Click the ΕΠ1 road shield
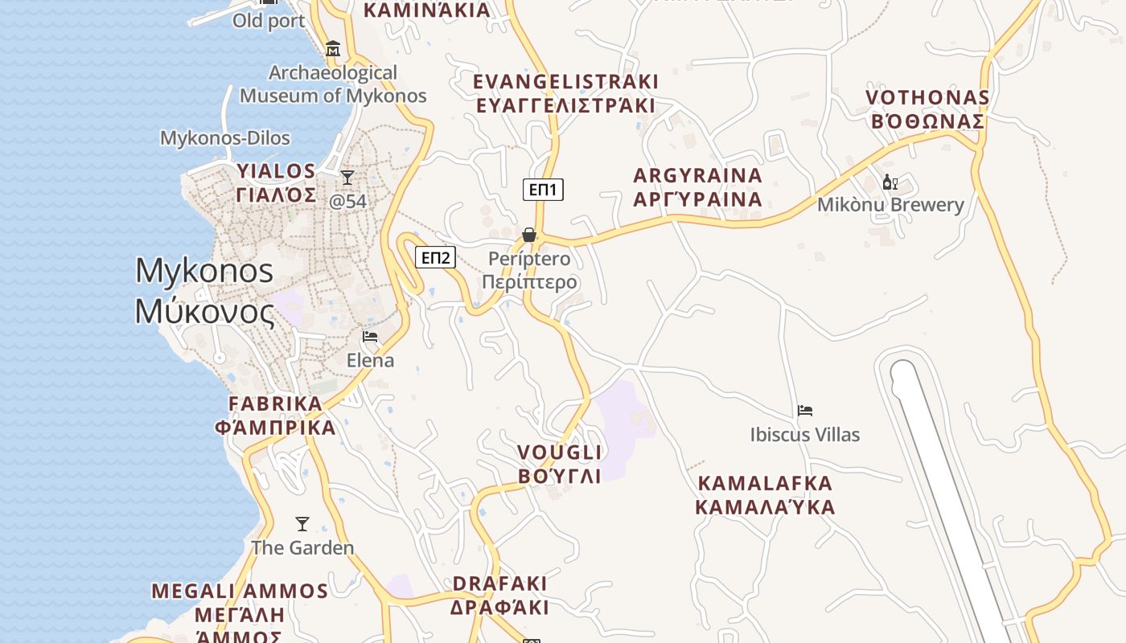544,190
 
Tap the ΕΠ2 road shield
435,257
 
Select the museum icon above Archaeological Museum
333,49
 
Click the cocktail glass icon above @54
347,177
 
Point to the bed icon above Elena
370,336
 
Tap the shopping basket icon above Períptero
529,235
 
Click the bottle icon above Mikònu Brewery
890,182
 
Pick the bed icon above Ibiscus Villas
805,411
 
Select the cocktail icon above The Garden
302,524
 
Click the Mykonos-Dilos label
225,138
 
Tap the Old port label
269,21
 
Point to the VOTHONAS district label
927,109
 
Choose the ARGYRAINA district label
697,187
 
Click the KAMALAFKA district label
765,495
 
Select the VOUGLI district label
560,464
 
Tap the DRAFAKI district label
499,595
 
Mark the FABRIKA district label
275,416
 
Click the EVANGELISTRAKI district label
565,93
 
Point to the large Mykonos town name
205,290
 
